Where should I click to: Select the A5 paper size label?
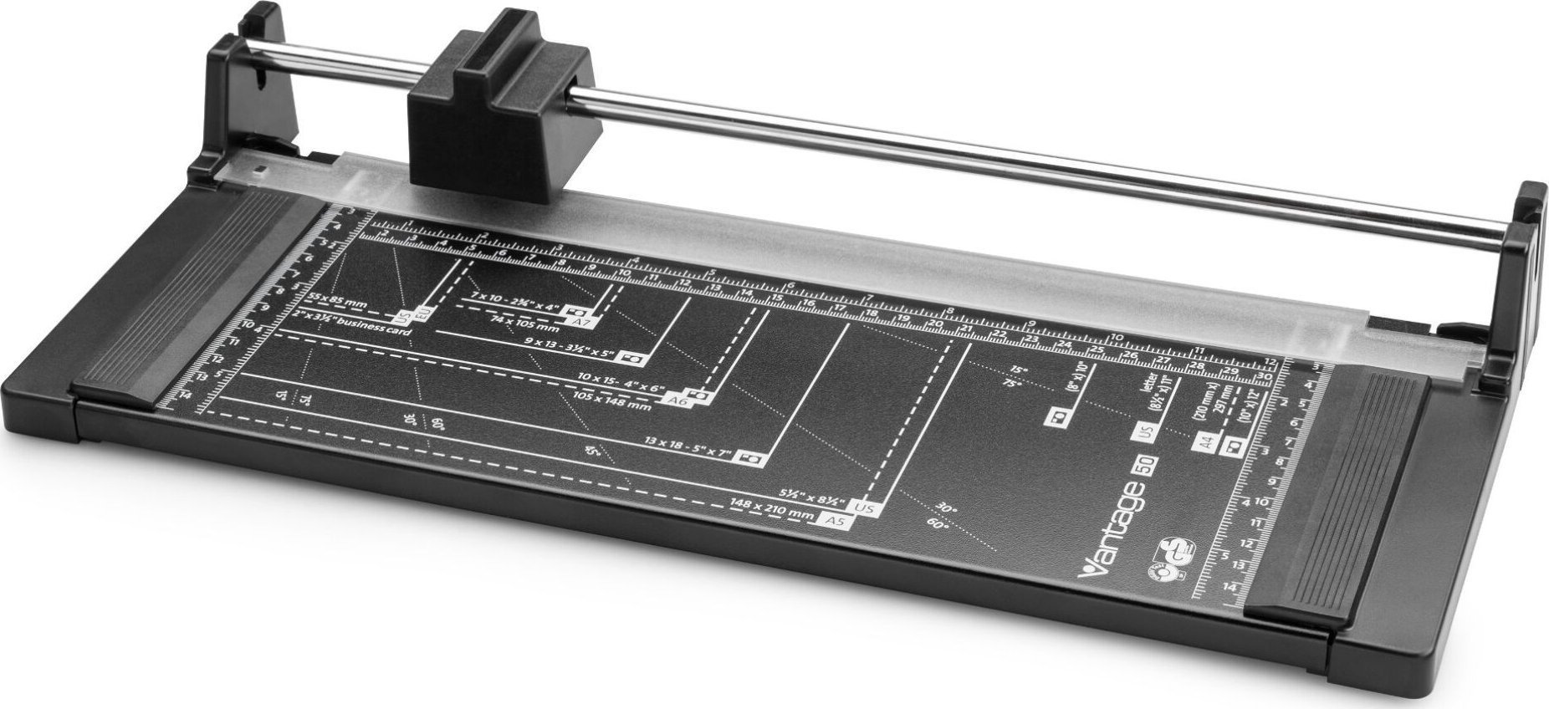point(831,520)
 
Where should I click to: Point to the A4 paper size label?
point(1206,442)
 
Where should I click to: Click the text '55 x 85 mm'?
point(336,298)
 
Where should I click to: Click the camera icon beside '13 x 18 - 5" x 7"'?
point(750,459)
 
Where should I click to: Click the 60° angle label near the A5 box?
point(938,524)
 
